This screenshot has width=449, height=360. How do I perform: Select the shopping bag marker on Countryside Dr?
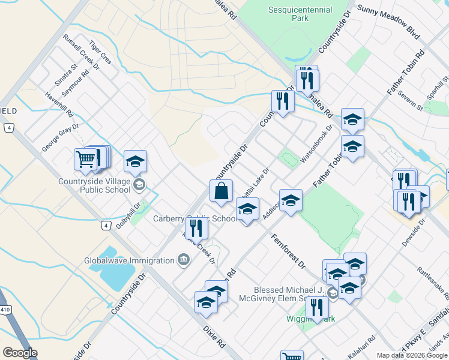[x=221, y=191]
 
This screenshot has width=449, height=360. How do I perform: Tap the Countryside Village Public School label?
[x=95, y=186]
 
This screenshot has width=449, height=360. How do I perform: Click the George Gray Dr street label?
[x=60, y=140]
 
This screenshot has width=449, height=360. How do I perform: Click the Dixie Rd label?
[x=213, y=340]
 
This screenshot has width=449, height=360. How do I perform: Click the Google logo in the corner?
[x=20, y=352]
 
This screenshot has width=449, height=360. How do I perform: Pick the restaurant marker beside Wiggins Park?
[x=317, y=308]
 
